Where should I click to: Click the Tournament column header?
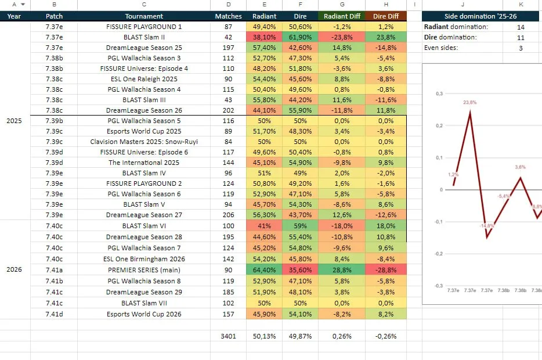144,16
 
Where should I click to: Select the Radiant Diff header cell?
342,16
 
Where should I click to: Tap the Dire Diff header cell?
386,16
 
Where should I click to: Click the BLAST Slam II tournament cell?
144,37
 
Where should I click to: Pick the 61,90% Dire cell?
300,37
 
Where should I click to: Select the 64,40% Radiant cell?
264,270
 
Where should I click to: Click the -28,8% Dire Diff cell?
386,270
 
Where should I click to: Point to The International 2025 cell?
144,163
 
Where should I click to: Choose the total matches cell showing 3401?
228,336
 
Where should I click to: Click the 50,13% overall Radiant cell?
264,336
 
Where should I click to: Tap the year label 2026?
14,269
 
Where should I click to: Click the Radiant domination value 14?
521,27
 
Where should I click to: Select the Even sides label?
440,48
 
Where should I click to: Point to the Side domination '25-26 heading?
480,16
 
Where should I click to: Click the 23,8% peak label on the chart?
470,102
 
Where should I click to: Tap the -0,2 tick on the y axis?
439,254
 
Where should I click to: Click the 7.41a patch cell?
55,270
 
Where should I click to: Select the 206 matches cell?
228,215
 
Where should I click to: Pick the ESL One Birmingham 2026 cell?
144,258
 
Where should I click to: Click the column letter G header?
342,5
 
